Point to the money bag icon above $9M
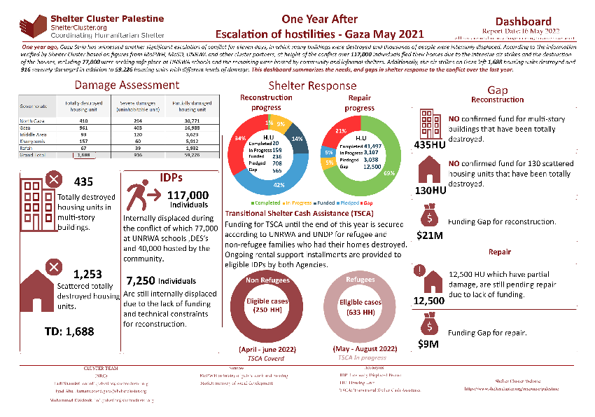[427, 326]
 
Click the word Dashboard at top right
[523, 22]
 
